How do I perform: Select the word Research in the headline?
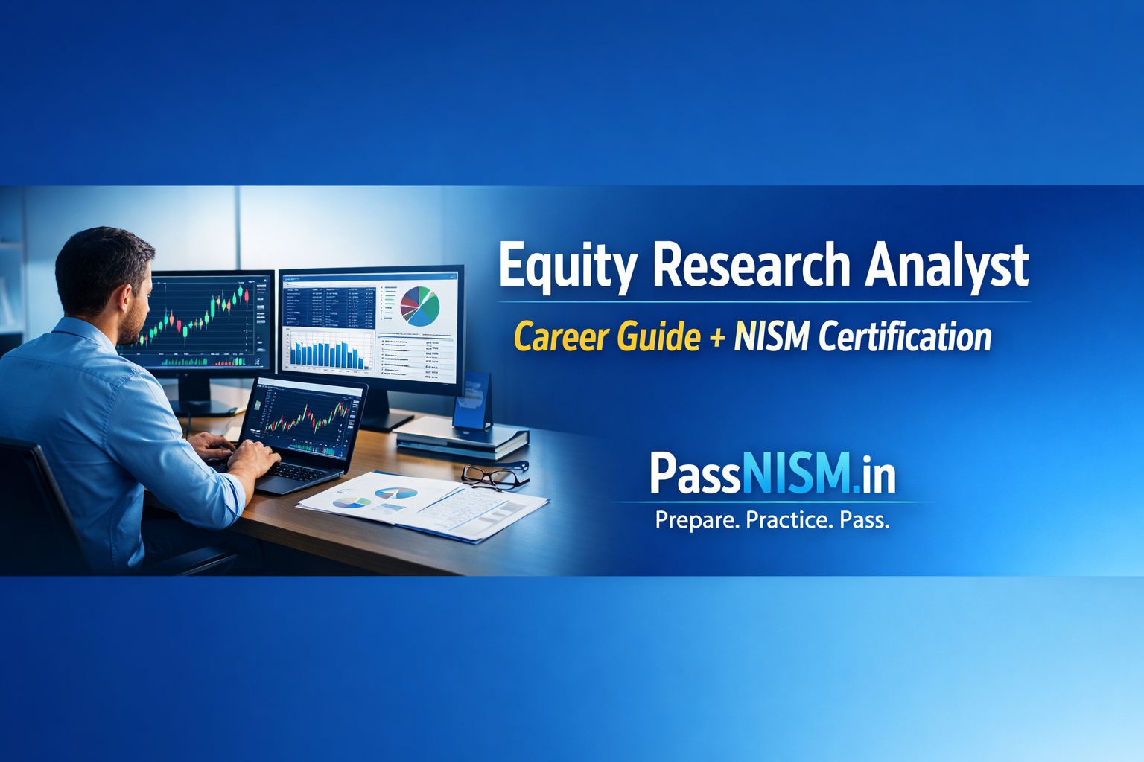(751, 265)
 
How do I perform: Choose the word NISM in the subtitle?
(772, 337)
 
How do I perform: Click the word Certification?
(905, 337)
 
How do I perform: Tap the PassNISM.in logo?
(772, 473)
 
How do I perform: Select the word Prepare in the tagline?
(697, 519)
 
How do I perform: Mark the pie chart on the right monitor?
(420, 306)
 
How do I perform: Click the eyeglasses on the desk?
(493, 476)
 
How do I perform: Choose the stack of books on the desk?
(462, 439)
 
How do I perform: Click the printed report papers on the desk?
(425, 506)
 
